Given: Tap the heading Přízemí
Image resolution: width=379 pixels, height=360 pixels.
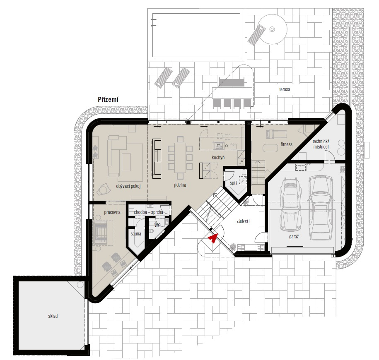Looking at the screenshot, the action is pyautogui.click(x=108, y=99).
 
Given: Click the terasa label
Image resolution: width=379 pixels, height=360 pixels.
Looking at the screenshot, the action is pyautogui.click(x=285, y=89).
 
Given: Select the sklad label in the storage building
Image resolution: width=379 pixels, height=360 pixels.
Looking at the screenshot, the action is pyautogui.click(x=53, y=316).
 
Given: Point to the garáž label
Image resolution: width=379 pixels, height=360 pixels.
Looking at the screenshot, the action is pyautogui.click(x=294, y=237).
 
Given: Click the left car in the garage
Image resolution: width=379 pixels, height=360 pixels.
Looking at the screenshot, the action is pyautogui.click(x=290, y=204).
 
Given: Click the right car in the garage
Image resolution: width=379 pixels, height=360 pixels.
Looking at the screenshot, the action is pyautogui.click(x=320, y=207).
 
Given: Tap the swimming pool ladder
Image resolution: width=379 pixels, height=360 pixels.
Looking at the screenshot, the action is pyautogui.click(x=154, y=22).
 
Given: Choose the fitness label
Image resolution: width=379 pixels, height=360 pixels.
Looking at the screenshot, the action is pyautogui.click(x=287, y=144).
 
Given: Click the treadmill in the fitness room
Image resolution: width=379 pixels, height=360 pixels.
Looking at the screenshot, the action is pyautogui.click(x=276, y=134).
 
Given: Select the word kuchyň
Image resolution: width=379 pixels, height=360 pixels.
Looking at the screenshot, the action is pyautogui.click(x=218, y=158).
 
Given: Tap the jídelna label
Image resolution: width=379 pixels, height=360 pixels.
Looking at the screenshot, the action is pyautogui.click(x=180, y=185).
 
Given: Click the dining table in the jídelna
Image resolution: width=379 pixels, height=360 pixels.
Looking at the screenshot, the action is pyautogui.click(x=180, y=157).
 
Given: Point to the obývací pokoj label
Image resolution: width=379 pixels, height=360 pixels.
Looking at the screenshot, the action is pyautogui.click(x=128, y=186).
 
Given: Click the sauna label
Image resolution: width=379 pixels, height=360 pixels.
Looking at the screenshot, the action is pyautogui.click(x=135, y=234).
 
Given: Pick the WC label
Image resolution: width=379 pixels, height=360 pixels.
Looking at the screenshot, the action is pyautogui.click(x=157, y=225).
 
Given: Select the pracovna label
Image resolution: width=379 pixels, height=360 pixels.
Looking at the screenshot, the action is pyautogui.click(x=112, y=212).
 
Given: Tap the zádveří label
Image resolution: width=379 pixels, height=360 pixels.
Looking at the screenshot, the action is pyautogui.click(x=243, y=221).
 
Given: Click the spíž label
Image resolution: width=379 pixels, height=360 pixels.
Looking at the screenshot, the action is pyautogui.click(x=234, y=183).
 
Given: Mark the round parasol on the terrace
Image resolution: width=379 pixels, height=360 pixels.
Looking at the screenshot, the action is pyautogui.click(x=272, y=29).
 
